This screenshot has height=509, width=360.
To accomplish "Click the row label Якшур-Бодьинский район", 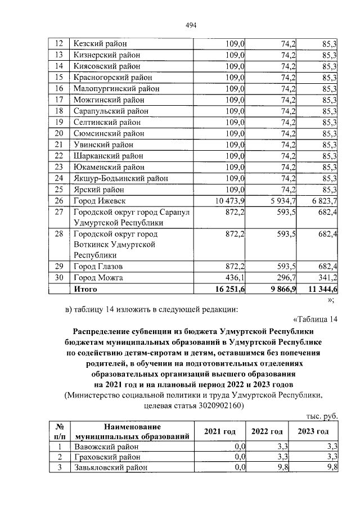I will [x=120, y=178].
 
